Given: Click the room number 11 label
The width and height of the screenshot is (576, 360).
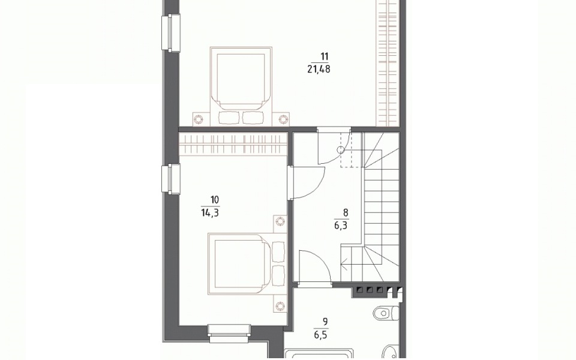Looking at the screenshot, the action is pyautogui.click(x=325, y=56).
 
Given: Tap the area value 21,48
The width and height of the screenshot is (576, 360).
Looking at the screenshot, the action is pyautogui.click(x=319, y=69).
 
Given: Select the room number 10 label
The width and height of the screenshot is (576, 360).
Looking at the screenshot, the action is pyautogui.click(x=215, y=200).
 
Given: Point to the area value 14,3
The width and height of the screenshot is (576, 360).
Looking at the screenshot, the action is pyautogui.click(x=210, y=212).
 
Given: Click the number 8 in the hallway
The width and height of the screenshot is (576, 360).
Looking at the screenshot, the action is pyautogui.click(x=346, y=212).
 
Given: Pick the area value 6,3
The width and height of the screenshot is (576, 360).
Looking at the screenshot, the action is pyautogui.click(x=341, y=226).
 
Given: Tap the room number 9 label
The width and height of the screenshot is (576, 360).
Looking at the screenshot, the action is pyautogui.click(x=325, y=322).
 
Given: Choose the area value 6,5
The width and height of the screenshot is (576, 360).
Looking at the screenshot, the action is pyautogui.click(x=320, y=335).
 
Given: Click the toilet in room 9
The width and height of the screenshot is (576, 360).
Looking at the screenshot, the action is pyautogui.click(x=386, y=313).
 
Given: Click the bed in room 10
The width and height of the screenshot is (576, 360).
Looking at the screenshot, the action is pyautogui.click(x=247, y=264).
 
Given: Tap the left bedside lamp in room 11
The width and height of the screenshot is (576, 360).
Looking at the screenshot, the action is pyautogui.click(x=199, y=119).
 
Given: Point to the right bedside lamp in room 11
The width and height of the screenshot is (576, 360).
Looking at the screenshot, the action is pyautogui.click(x=283, y=119).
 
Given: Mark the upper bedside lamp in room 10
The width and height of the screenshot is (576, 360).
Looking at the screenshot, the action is pyautogui.click(x=280, y=221).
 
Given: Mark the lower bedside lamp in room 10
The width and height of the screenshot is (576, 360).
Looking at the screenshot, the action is pyautogui.click(x=280, y=305).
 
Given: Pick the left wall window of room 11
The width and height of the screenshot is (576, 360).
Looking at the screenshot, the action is pyautogui.click(x=171, y=32).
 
